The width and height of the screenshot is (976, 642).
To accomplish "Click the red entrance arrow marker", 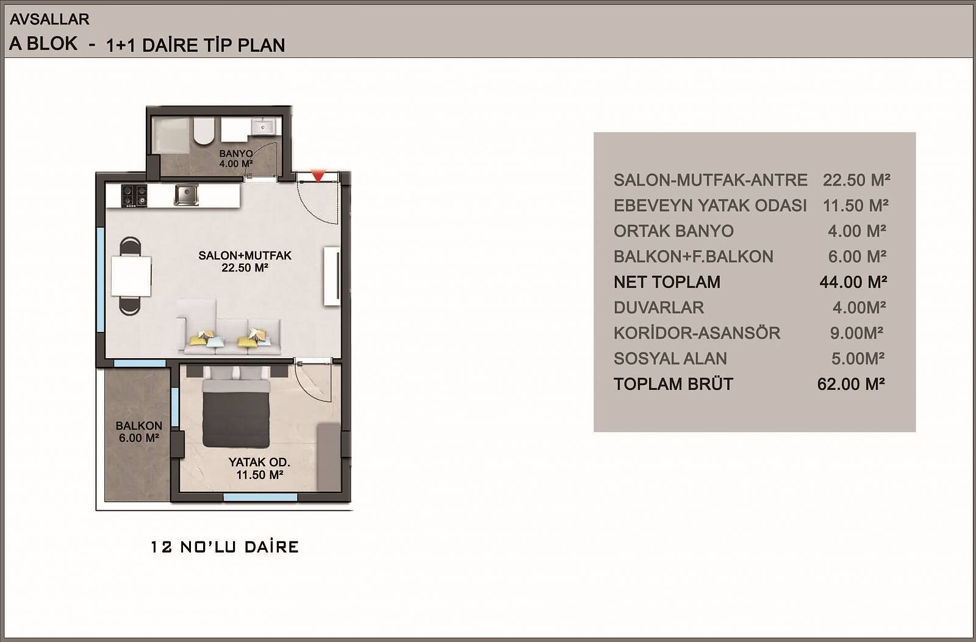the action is [x=318, y=176].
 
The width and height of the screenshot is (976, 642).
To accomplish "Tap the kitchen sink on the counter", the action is [x=186, y=195].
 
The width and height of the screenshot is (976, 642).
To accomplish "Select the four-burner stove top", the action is [x=134, y=196].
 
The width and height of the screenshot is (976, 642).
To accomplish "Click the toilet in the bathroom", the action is [x=204, y=131].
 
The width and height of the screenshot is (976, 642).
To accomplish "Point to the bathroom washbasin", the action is [x=263, y=126].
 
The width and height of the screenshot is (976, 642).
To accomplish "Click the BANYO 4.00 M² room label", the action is [x=235, y=159].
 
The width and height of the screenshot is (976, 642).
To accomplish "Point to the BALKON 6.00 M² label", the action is [x=138, y=431].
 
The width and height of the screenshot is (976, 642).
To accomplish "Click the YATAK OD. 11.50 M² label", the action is [x=259, y=468].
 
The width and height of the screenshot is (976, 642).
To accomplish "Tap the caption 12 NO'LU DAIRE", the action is [x=225, y=547].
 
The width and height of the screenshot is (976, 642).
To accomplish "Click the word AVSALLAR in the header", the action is [x=49, y=19].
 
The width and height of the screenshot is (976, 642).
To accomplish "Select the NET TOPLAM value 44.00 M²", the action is [x=853, y=282].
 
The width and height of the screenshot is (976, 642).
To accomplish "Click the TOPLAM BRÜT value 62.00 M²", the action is [x=851, y=384].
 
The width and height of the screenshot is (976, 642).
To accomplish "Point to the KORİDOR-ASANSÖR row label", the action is [x=697, y=333].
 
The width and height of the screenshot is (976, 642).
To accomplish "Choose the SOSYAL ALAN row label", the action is [x=670, y=359].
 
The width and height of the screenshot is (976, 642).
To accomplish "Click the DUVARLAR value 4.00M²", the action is [x=859, y=308].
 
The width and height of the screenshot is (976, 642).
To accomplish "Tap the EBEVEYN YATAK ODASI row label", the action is [x=710, y=206].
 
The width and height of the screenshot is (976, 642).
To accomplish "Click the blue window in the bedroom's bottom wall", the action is [x=260, y=497].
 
